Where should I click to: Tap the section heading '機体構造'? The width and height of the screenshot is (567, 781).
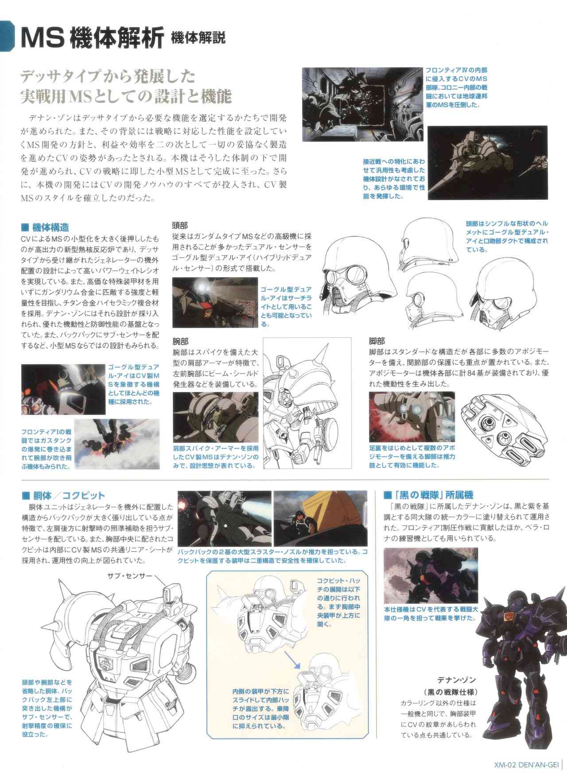point(46,228)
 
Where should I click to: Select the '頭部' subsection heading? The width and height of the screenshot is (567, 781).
point(180,225)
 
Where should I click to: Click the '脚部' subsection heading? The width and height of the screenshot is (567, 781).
point(377,342)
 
